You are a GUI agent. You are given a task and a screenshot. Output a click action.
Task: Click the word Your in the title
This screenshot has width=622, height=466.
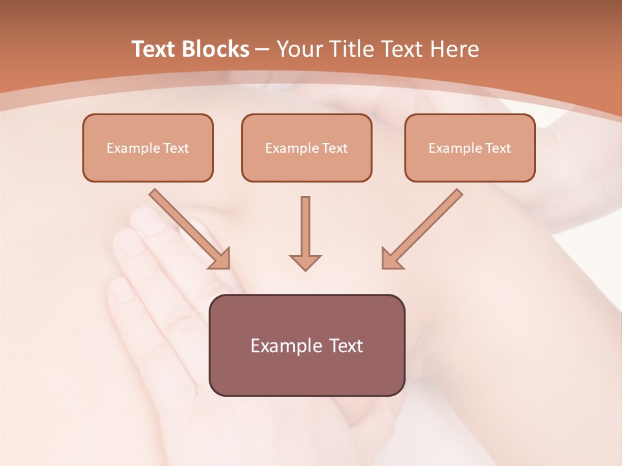297,49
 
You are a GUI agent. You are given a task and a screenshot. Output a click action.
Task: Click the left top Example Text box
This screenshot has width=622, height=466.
148,148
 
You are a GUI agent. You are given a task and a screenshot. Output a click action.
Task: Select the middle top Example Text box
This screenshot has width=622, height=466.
306,148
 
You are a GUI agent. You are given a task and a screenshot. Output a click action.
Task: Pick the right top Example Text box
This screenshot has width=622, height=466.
470,148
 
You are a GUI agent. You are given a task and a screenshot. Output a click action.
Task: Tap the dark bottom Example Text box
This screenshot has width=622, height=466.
306,345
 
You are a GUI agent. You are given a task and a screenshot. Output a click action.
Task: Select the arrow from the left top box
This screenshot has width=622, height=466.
188,227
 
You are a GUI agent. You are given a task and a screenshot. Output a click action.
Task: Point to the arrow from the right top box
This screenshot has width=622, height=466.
424,227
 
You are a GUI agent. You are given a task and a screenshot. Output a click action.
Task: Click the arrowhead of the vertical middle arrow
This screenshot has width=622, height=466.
305,261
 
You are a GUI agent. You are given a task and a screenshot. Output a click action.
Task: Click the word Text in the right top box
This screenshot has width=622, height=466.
498,148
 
